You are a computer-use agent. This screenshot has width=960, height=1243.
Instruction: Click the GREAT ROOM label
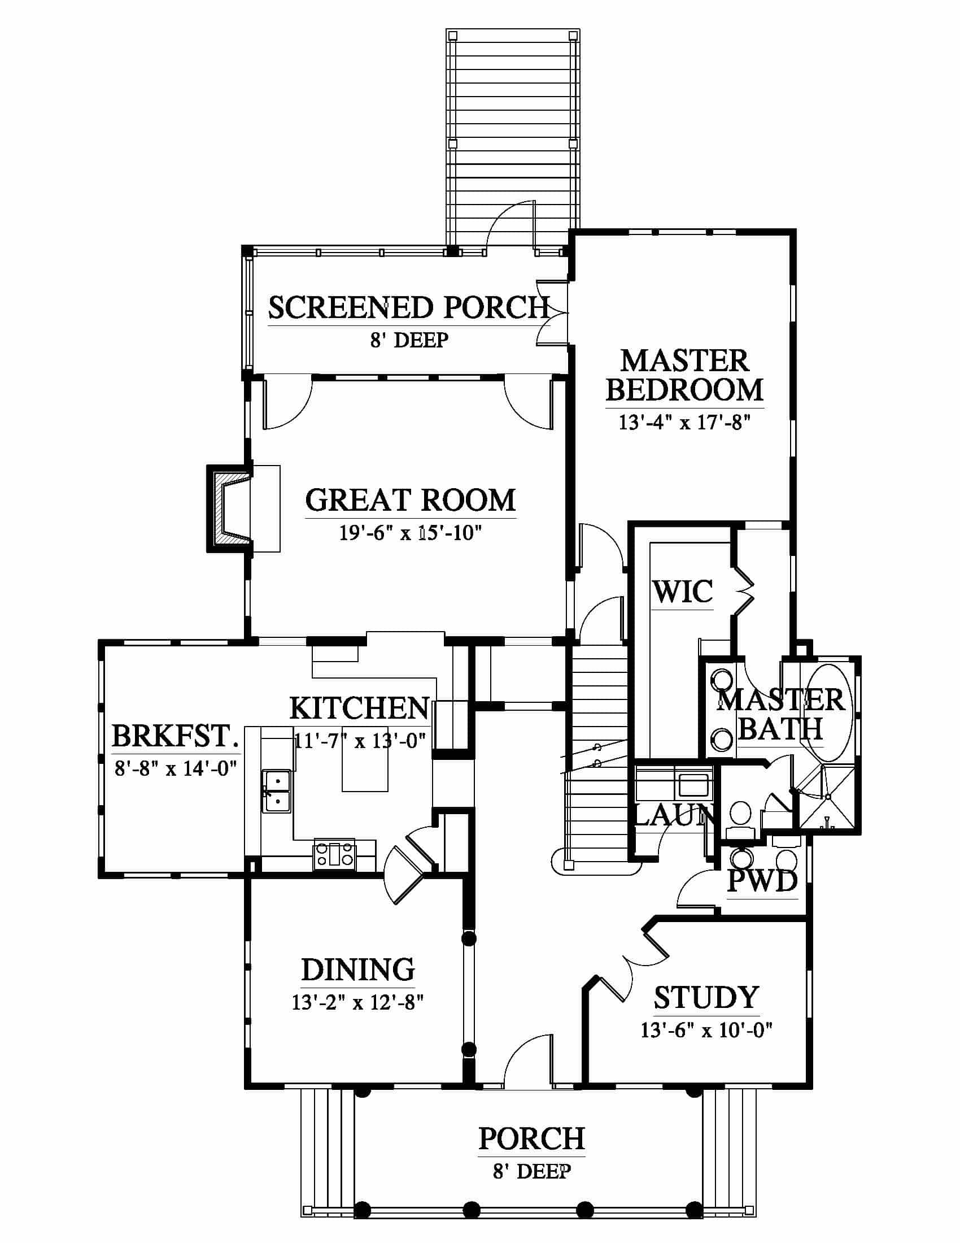pos(410,500)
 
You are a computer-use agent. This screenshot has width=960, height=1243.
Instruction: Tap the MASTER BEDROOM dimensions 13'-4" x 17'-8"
pos(685,422)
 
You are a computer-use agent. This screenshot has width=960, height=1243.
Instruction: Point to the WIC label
pos(683,592)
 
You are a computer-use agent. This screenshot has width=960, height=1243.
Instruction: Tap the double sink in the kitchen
pos(277,790)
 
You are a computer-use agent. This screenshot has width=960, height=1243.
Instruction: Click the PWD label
pos(763,881)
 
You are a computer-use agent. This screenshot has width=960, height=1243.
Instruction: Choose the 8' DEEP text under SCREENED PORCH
pos(409,340)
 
